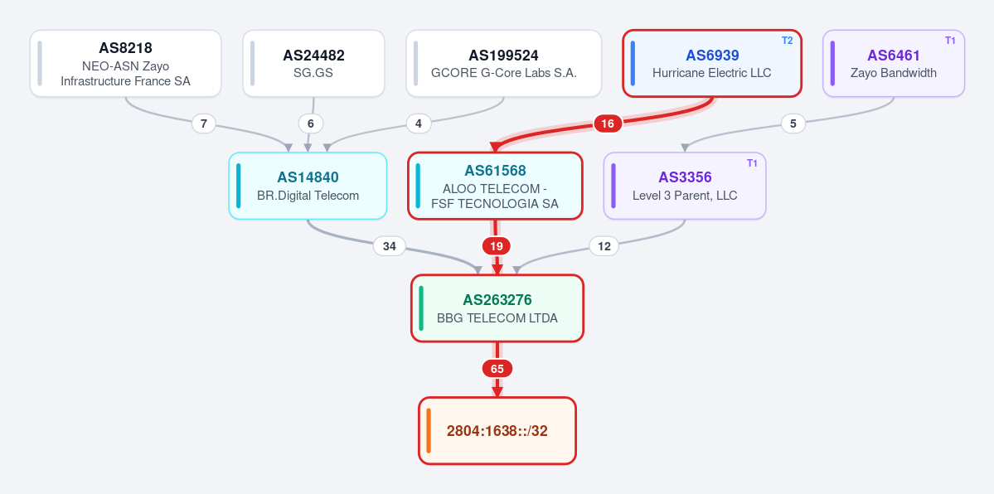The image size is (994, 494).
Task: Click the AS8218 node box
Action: [x=125, y=64]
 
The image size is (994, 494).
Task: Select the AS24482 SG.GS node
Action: [x=314, y=64]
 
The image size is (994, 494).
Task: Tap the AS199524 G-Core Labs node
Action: [x=503, y=64]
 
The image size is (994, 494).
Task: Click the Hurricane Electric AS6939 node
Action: [x=712, y=64]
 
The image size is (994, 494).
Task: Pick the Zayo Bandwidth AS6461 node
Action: [x=894, y=64]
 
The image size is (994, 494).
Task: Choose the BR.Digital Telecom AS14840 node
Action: [x=308, y=186]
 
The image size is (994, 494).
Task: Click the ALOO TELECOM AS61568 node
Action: [x=494, y=186]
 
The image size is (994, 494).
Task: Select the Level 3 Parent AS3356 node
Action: [x=685, y=186]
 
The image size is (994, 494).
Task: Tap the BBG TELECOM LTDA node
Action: [x=497, y=308]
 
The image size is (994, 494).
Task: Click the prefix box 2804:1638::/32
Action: [x=497, y=430]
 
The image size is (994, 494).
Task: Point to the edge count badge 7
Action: [x=203, y=123]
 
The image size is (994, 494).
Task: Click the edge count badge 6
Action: [x=311, y=123]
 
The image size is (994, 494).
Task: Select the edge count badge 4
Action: [x=419, y=123]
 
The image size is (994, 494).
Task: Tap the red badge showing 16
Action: [x=608, y=123]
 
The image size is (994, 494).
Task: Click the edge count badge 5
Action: [x=793, y=123]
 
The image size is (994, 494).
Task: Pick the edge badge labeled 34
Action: [x=390, y=246]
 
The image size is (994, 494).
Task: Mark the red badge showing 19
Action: [x=497, y=246]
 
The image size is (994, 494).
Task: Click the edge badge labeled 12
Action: [x=604, y=246]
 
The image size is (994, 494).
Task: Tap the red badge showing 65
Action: [x=497, y=369]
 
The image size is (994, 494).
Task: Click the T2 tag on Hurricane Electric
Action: [x=787, y=41]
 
